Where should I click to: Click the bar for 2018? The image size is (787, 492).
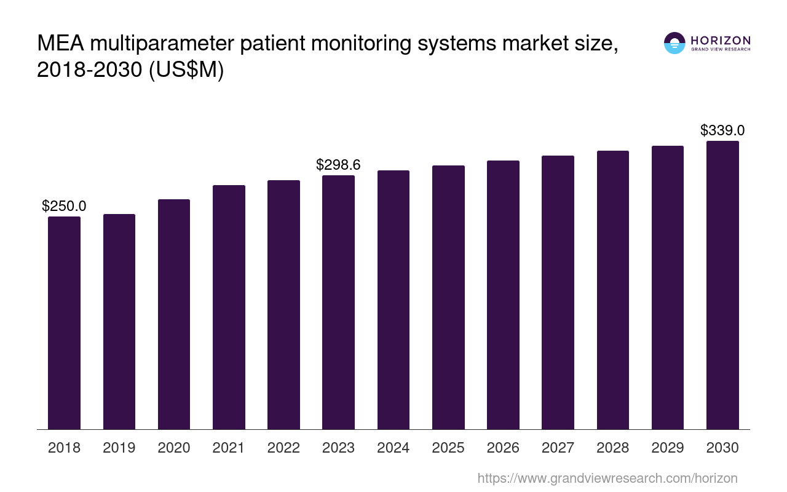coord(64,323)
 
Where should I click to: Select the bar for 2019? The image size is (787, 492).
coord(119,322)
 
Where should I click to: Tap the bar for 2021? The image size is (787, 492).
coord(229,307)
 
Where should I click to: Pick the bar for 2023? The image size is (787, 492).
coord(338,303)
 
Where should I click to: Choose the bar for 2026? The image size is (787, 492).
coord(503,295)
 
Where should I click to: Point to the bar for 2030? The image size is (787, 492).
coord(722,285)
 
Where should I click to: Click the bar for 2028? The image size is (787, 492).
coord(612,290)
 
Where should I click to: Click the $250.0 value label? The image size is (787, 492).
coord(64,207)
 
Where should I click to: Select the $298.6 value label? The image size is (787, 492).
coord(338,165)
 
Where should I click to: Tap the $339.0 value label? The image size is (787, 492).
coord(722,130)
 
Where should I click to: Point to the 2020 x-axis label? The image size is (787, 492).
coord(174,448)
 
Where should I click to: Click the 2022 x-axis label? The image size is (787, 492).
coord(283,448)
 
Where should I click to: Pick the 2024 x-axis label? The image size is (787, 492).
coord(393,448)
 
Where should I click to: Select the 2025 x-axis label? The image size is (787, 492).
coord(448,448)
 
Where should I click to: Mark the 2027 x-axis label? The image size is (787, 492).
coord(558,448)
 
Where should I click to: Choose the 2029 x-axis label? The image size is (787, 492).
coord(668,448)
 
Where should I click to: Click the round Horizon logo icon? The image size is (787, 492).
coord(674,43)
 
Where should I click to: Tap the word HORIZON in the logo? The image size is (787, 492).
coord(721,40)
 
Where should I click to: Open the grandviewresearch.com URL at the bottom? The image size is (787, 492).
coord(607,478)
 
